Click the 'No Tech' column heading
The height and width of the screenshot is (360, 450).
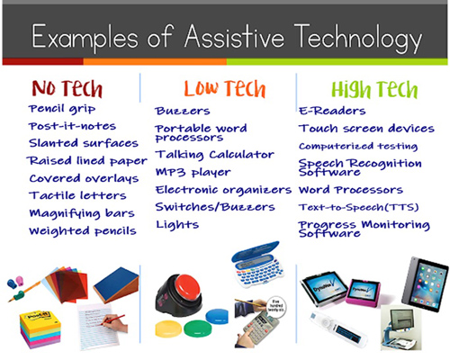[67, 88]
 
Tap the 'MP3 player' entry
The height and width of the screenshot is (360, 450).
[193, 172]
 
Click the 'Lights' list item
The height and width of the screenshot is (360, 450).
[176, 224]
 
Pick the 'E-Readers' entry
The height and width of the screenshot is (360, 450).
[332, 111]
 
